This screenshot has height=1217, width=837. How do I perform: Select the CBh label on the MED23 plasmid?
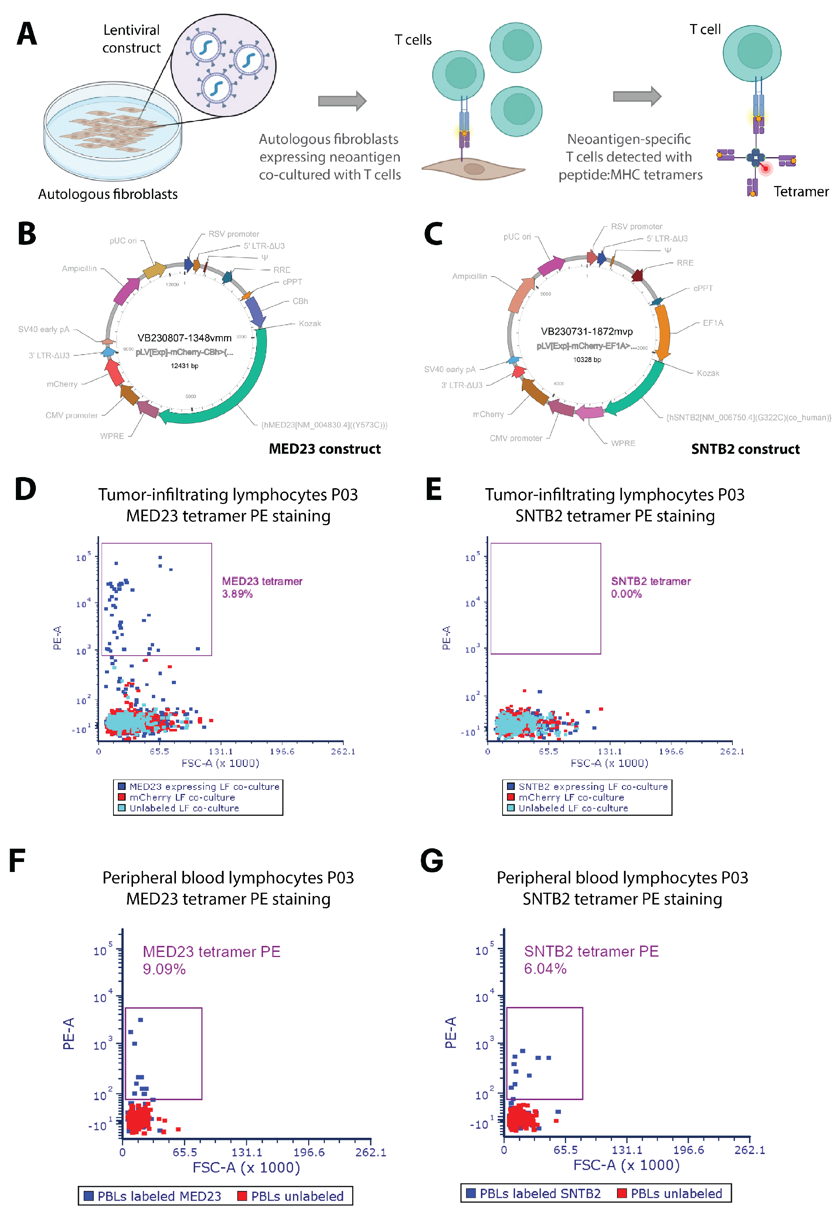[300, 301]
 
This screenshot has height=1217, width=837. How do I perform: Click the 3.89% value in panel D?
[237, 594]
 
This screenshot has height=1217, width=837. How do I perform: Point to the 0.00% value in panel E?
[626, 594]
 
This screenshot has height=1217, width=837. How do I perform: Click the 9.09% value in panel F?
[164, 969]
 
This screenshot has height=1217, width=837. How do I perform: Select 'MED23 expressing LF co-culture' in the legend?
[204, 786]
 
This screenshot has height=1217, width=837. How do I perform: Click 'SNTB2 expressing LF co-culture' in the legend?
[593, 786]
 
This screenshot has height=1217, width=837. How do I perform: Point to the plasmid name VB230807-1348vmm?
[184, 338]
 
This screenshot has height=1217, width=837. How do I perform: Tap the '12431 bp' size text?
[184, 366]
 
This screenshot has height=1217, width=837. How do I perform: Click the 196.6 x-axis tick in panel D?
[282, 751]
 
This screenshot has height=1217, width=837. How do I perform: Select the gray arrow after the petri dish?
[342, 101]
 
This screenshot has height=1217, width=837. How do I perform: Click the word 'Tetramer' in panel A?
[801, 192]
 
